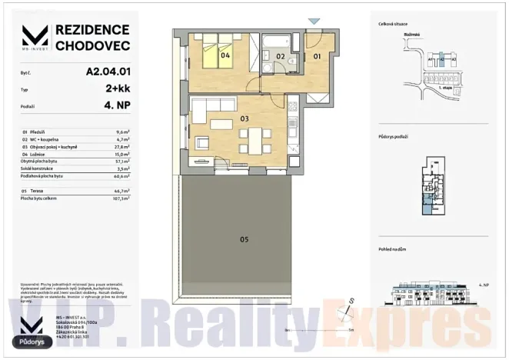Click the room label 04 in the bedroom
[x=226, y=55]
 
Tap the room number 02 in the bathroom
[x=281, y=56]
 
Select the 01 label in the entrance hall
[x=316, y=55]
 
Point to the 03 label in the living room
[x=245, y=118]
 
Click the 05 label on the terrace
[x=244, y=239]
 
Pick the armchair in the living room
[x=202, y=143]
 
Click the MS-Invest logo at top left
[x=35, y=38]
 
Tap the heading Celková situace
[x=393, y=24]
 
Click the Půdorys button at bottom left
[x=32, y=340]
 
